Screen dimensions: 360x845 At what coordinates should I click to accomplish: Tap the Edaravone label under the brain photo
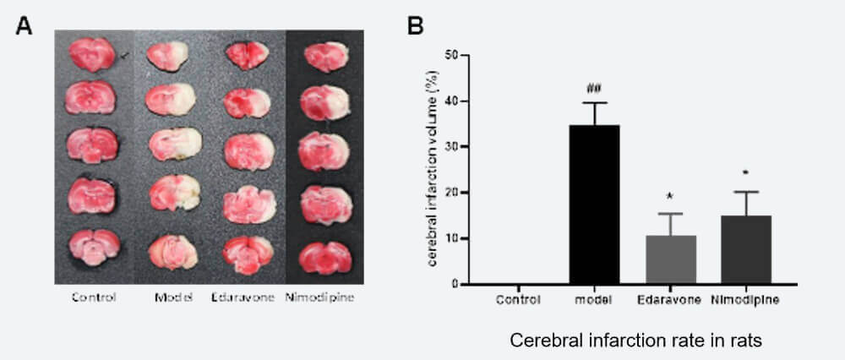coord(247,297)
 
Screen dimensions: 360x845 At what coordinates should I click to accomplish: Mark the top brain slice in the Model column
coord(171,57)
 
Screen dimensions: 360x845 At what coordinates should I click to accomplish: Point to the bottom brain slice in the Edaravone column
coord(248,251)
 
